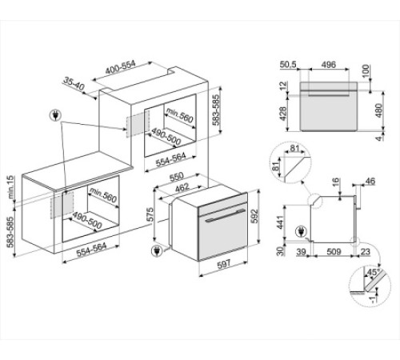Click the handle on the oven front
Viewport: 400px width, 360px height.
point(222,216)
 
